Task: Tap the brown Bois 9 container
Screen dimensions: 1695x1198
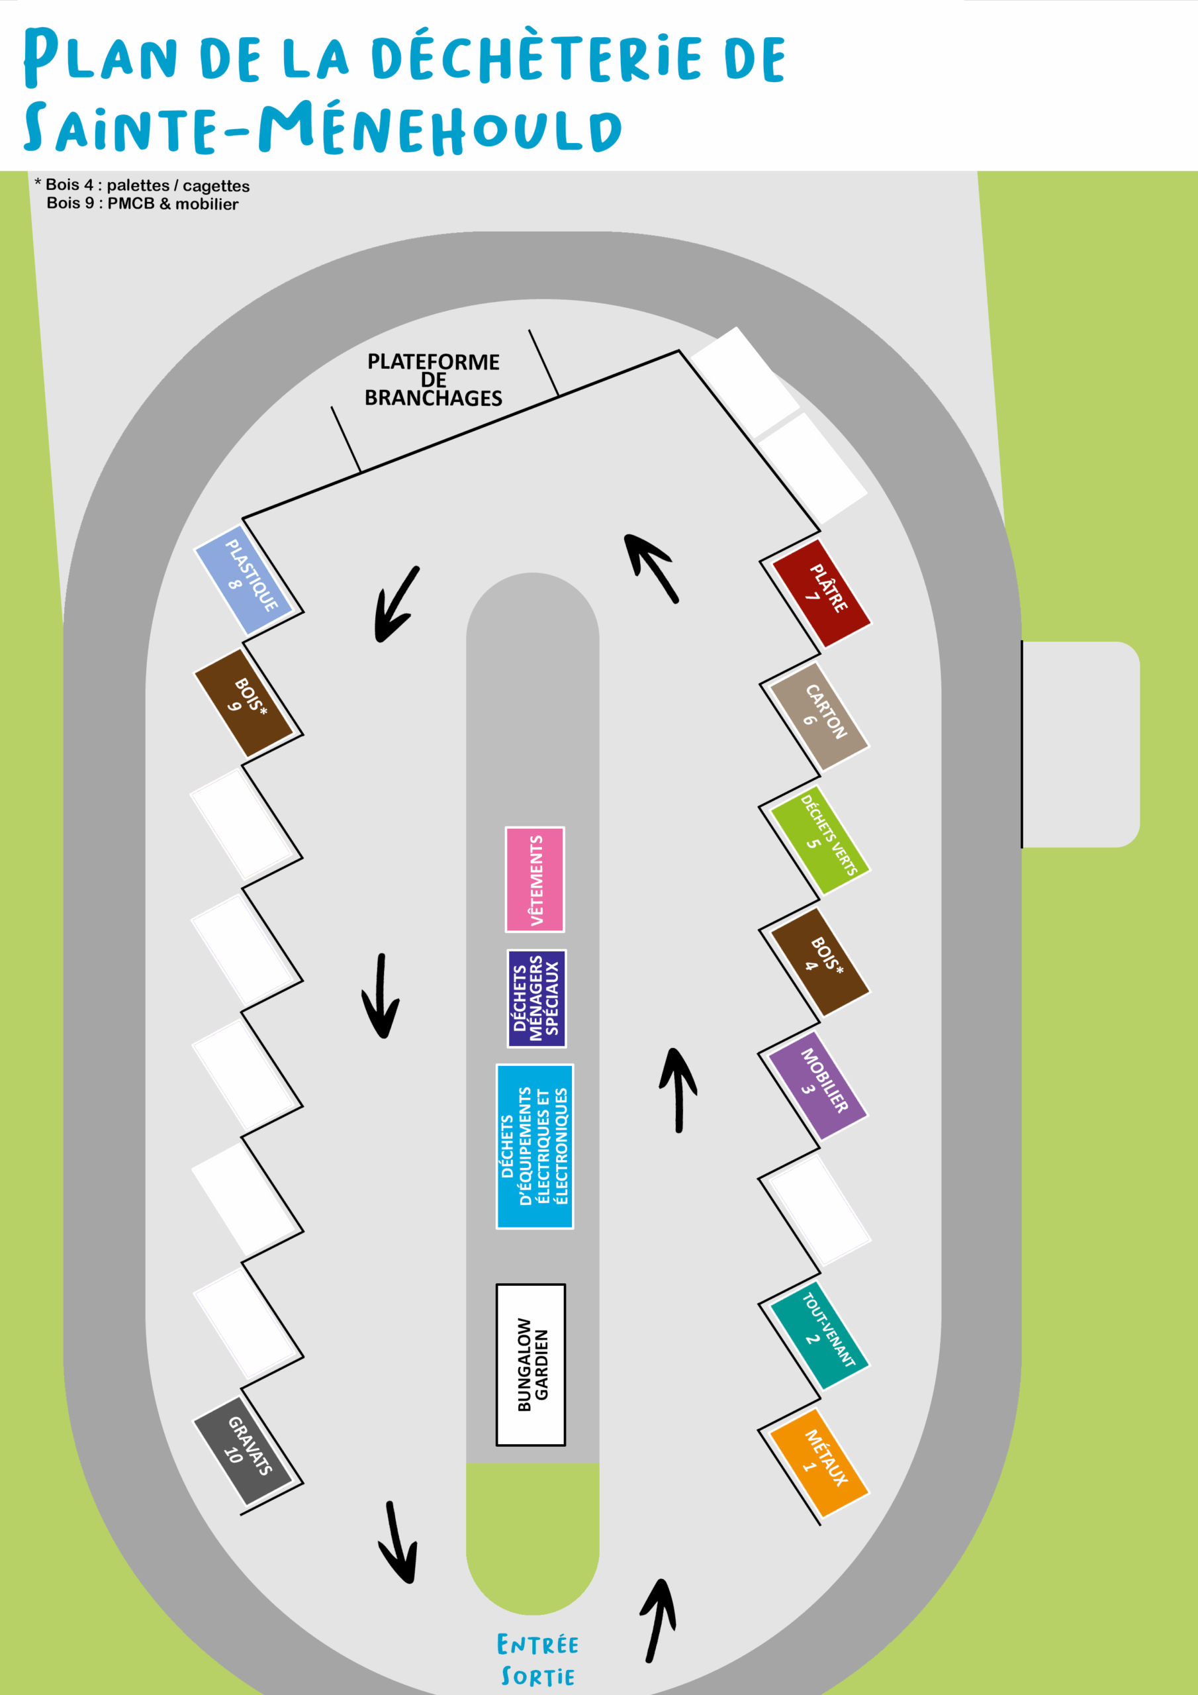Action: click(x=244, y=702)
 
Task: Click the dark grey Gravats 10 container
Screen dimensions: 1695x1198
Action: click(x=244, y=1450)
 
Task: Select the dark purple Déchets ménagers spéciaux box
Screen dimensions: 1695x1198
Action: click(x=537, y=998)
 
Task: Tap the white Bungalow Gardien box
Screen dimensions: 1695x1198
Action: click(x=531, y=1364)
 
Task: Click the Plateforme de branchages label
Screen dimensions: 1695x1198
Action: click(x=434, y=379)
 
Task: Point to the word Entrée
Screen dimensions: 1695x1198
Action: click(x=537, y=1645)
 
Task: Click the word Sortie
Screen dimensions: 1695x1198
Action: click(x=537, y=1676)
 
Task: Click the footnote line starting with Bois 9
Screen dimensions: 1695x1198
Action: click(x=142, y=204)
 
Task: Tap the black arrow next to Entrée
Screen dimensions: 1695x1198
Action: click(x=659, y=1620)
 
